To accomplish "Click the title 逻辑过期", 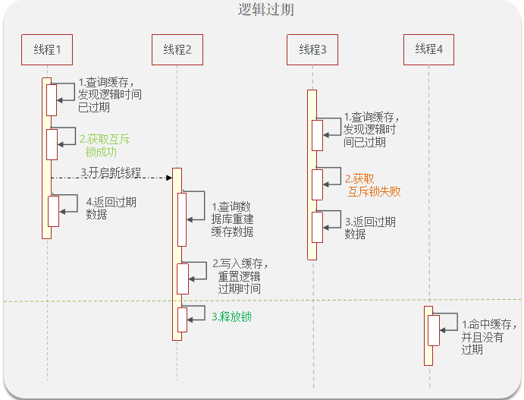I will pyautogui.click(x=265, y=10).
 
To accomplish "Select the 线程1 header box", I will pyautogui.click(x=47, y=50).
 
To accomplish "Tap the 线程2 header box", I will pyautogui.click(x=177, y=50).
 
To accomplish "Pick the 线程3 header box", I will pyautogui.click(x=312, y=50).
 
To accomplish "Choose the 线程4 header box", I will pyautogui.click(x=428, y=49).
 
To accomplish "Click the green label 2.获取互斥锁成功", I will pyautogui.click(x=104, y=145).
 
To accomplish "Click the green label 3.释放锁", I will pyautogui.click(x=231, y=316).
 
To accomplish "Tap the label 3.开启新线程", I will pyautogui.click(x=111, y=172).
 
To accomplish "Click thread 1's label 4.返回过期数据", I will pyautogui.click(x=111, y=209).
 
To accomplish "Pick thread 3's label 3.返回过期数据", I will pyautogui.click(x=369, y=228).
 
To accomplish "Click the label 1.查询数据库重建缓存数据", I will pyautogui.click(x=233, y=219).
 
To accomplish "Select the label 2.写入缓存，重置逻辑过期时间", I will pyautogui.click(x=239, y=276).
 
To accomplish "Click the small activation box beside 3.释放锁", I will pyautogui.click(x=182, y=319).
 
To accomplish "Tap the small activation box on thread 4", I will pyautogui.click(x=434, y=330).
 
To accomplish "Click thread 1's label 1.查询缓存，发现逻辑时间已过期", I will pyautogui.click(x=110, y=95).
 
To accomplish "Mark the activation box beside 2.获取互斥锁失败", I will pyautogui.click(x=318, y=184).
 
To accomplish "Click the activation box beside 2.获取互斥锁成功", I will pyautogui.click(x=52, y=144).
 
